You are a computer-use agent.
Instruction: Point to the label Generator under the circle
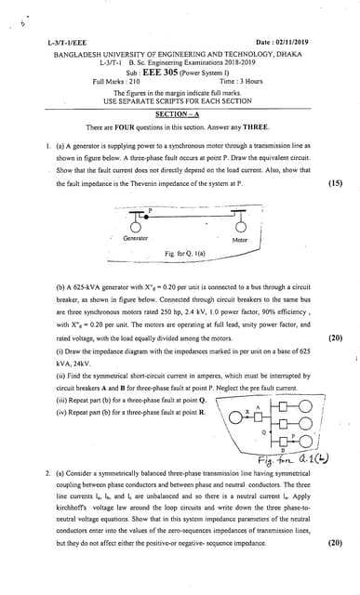coord(136,239)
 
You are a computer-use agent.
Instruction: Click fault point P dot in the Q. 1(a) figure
coord(147,214)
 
